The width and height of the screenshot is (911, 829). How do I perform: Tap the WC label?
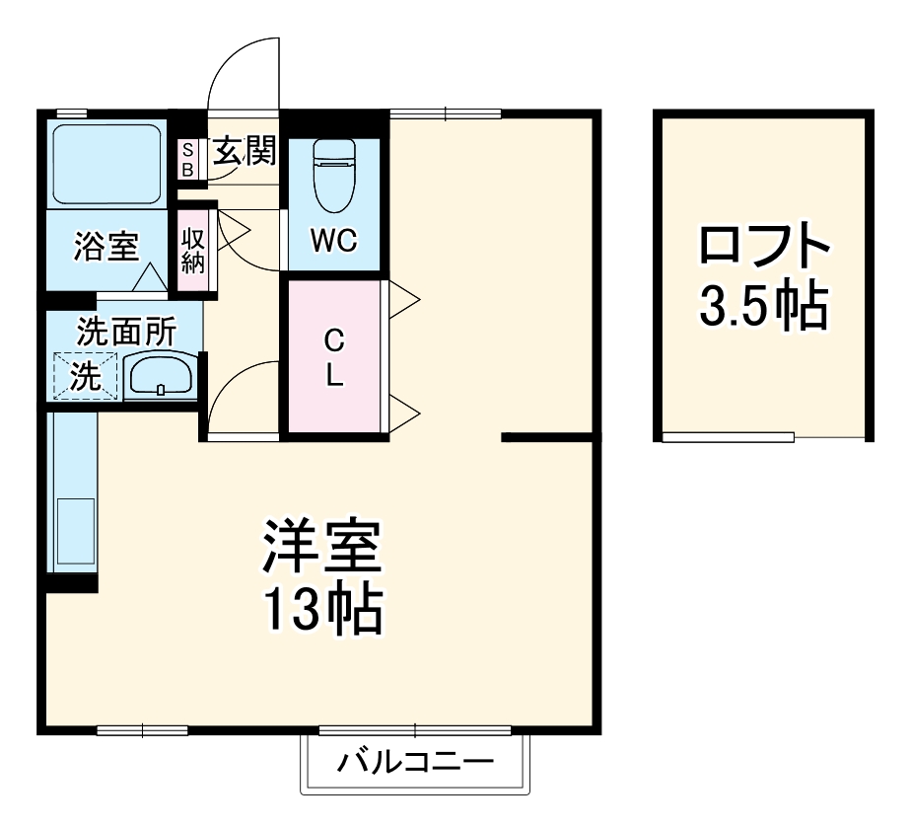[333, 241]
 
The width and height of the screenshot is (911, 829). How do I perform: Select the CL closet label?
[334, 357]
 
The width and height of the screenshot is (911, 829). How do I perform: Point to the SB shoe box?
[186, 159]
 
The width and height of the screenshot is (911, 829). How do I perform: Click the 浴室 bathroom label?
[105, 247]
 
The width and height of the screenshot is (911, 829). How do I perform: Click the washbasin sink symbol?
[161, 375]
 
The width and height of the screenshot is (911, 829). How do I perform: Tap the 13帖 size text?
[321, 613]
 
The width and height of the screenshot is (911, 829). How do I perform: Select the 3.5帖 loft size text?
[760, 309]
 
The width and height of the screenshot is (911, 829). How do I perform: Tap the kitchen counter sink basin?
[75, 533]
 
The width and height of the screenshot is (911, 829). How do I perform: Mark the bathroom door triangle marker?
[150, 277]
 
